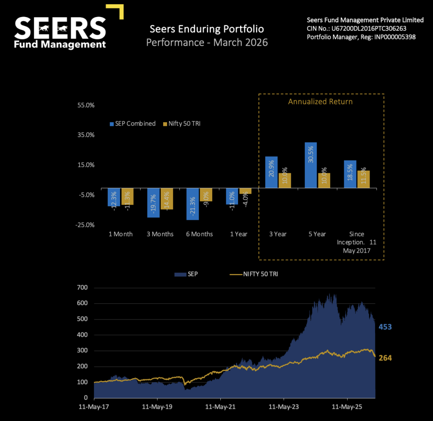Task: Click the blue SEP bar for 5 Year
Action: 311,165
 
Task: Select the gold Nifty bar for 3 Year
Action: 285,180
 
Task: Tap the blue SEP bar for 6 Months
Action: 192,204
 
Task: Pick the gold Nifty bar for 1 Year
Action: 245,191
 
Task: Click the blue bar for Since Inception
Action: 350,174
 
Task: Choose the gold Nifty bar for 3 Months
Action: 167,199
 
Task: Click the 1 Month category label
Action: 121,234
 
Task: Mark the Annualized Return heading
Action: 320,101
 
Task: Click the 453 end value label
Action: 385,327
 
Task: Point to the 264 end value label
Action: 385,358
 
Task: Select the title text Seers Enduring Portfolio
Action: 207,29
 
